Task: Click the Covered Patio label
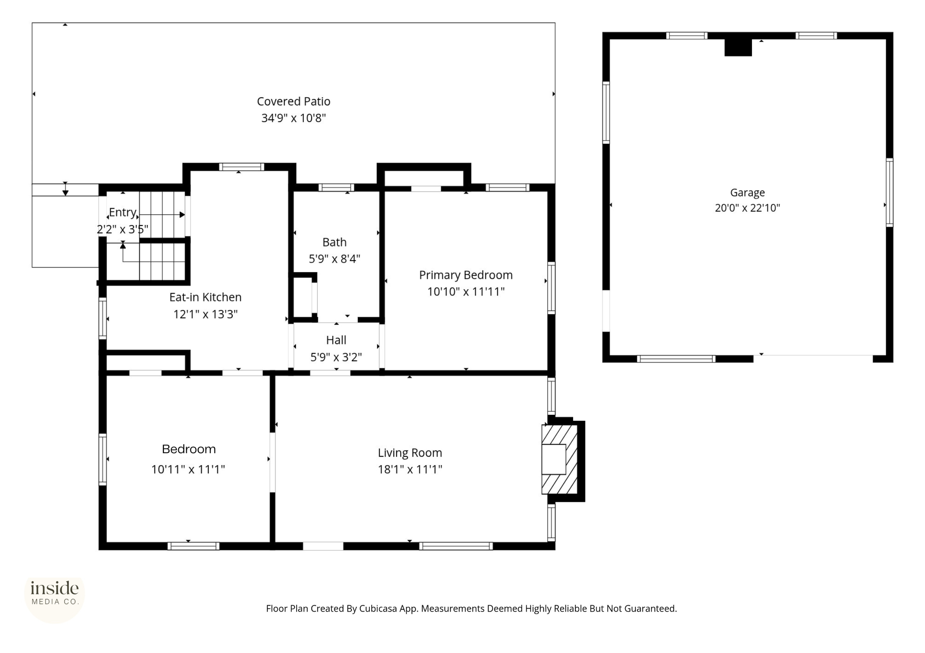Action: click(294, 101)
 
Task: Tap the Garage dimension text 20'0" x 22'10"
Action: click(747, 208)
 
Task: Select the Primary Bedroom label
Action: click(466, 275)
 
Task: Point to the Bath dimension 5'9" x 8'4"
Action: click(334, 259)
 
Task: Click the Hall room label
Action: click(336, 340)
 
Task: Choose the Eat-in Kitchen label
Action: click(206, 297)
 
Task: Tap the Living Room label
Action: click(410, 453)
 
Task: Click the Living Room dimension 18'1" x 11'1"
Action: click(410, 470)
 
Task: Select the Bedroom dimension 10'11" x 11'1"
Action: click(188, 470)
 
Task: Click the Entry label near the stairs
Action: click(123, 212)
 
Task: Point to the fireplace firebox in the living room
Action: click(554, 459)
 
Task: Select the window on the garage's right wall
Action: click(889, 193)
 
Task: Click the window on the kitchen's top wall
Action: click(242, 167)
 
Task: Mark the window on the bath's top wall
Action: click(336, 188)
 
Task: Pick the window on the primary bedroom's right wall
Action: click(551, 288)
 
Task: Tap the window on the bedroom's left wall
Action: click(103, 460)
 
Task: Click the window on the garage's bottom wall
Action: click(676, 359)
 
